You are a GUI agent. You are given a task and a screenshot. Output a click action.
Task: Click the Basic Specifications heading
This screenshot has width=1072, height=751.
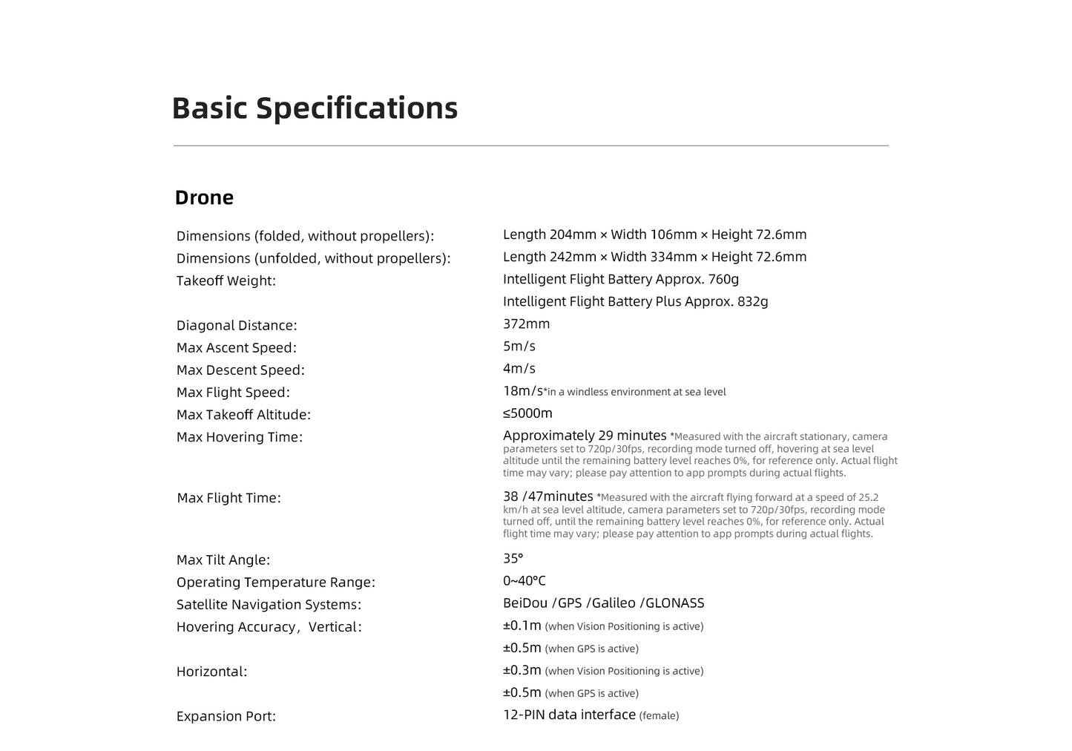pyautogui.click(x=315, y=108)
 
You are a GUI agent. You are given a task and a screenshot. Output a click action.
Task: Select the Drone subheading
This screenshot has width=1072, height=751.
pyautogui.click(x=204, y=197)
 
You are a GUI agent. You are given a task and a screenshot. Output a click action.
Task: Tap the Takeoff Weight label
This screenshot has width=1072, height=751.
pyautogui.click(x=226, y=281)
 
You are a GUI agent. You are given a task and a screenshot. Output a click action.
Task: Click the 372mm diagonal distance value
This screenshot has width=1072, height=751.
pyautogui.click(x=526, y=324)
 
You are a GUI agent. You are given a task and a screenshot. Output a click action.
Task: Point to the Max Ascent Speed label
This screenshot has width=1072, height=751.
pyautogui.click(x=236, y=347)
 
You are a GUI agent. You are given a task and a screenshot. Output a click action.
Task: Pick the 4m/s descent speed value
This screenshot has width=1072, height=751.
pyautogui.click(x=519, y=368)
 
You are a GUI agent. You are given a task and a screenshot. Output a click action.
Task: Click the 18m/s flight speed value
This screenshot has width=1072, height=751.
pyautogui.click(x=522, y=390)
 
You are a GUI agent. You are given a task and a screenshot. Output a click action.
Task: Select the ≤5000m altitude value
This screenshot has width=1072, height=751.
pyautogui.click(x=527, y=413)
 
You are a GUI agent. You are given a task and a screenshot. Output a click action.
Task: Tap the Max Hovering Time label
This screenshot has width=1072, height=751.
pyautogui.click(x=239, y=437)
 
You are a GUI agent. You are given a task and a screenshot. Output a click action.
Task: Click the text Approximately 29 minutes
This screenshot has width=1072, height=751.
pyautogui.click(x=585, y=436)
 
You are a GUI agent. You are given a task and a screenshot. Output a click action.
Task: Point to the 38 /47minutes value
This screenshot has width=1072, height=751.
pyautogui.click(x=547, y=496)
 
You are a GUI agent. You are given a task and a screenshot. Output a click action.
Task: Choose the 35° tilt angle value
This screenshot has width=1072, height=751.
pyautogui.click(x=513, y=558)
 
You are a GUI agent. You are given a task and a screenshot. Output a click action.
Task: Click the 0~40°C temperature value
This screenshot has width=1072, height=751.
pyautogui.click(x=524, y=580)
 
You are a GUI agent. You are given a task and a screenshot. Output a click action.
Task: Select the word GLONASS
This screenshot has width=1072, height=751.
pyautogui.click(x=674, y=603)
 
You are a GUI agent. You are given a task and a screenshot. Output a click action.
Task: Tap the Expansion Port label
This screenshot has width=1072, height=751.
pyautogui.click(x=226, y=716)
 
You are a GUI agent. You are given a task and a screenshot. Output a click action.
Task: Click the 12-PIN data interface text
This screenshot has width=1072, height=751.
pyautogui.click(x=569, y=715)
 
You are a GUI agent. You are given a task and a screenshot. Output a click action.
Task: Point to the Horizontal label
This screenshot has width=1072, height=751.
pyautogui.click(x=211, y=672)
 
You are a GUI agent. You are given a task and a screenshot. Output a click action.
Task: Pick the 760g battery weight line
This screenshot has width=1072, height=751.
pyautogui.click(x=620, y=279)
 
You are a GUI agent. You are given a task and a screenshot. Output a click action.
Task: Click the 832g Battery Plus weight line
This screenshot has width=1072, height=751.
pyautogui.click(x=635, y=301)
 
